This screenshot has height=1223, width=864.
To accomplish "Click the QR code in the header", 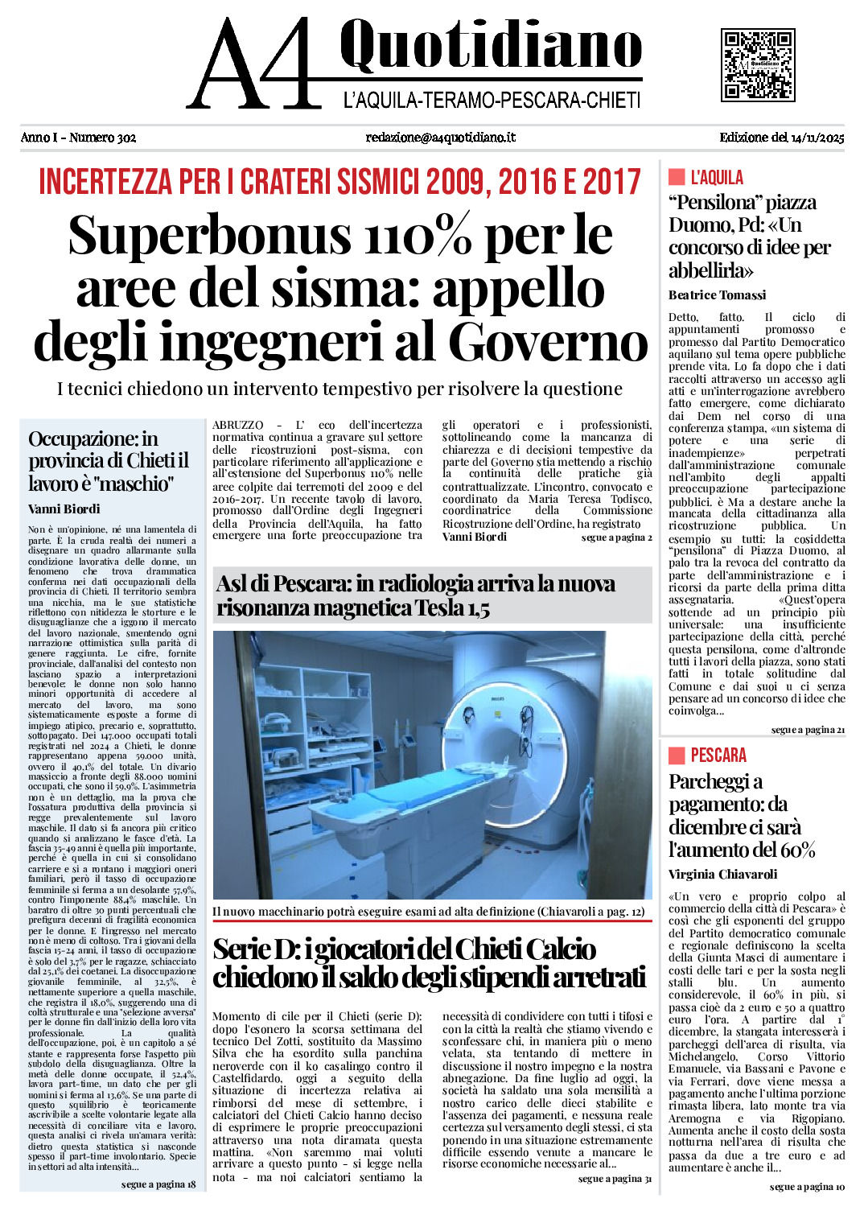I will (x=757, y=64).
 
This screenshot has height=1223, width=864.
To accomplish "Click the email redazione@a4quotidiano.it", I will (x=440, y=138).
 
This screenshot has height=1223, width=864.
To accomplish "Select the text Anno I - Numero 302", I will (x=78, y=138).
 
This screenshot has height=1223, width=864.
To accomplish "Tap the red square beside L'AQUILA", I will (x=676, y=177).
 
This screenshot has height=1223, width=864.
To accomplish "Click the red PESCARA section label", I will (x=718, y=755).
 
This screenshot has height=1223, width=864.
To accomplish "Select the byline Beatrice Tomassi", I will (x=717, y=295).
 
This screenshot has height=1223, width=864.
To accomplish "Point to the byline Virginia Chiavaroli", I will (x=722, y=875).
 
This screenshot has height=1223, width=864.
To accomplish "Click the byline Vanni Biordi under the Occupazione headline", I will (x=64, y=509).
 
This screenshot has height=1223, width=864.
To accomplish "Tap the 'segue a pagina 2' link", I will (x=616, y=537).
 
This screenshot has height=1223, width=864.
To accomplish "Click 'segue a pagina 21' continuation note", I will (x=808, y=730).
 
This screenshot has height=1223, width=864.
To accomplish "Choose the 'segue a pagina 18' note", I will (x=158, y=1184).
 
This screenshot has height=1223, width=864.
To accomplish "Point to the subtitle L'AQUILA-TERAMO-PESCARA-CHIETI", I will (x=492, y=101).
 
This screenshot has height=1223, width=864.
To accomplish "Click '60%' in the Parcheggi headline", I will (x=797, y=850).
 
